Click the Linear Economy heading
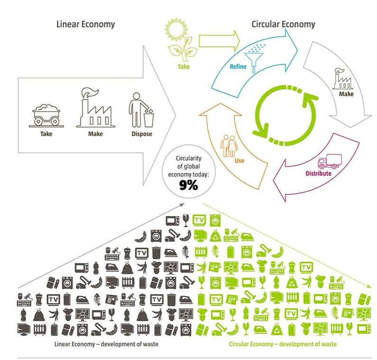coord(85,24)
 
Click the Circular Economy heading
coord(283,24)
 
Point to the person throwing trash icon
coord(141,109)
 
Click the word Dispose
coord(142,134)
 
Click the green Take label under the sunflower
coord(184,67)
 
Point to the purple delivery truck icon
coord(329,162)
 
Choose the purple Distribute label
coord(318,173)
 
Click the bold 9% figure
coord(188,186)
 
